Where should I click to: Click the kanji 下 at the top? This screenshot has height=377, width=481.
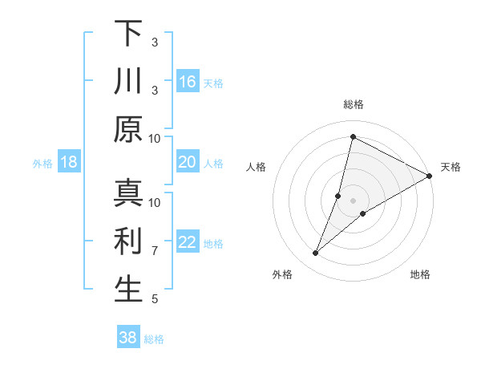(128, 34)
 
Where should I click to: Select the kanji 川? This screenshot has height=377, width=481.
(128, 81)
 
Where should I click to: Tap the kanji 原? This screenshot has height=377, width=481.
(128, 128)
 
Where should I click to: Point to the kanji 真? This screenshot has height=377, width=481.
(128, 193)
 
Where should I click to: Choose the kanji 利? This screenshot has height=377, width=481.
(128, 241)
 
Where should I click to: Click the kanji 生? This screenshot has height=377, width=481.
(128, 290)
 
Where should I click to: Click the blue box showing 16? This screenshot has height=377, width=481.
(188, 81)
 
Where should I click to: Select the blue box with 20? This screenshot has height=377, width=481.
(188, 163)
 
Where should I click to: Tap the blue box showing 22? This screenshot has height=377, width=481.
(188, 242)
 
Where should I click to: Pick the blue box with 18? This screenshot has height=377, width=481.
(69, 163)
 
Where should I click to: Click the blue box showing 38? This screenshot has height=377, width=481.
(128, 338)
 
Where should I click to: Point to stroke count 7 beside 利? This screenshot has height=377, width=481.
(155, 251)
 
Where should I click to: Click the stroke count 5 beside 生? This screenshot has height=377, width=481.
(155, 299)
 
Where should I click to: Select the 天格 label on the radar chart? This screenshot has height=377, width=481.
(451, 167)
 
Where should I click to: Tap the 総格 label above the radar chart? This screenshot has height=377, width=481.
(353, 104)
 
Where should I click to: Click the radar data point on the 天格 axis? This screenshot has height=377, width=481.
(429, 176)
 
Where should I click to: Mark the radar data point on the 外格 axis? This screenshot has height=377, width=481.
(316, 253)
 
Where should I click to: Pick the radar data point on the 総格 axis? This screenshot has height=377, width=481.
(353, 136)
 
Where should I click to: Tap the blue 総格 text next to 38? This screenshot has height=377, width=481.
(155, 339)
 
